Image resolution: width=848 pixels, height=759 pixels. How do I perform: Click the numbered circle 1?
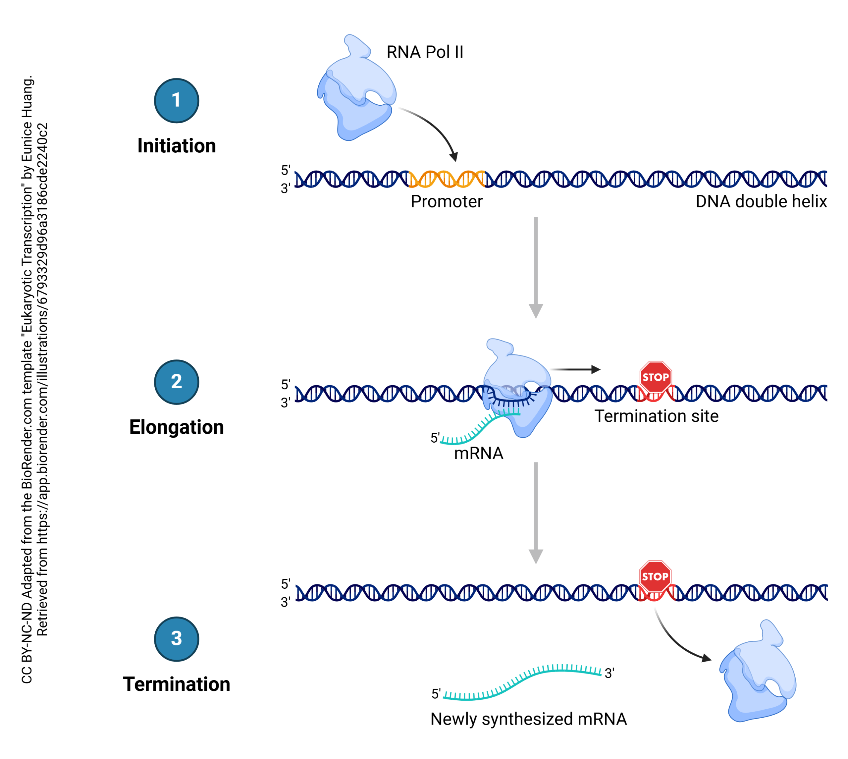[x=176, y=100]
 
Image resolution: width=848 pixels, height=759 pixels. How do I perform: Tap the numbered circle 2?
[x=176, y=382]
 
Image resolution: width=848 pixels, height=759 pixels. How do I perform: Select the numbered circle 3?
[x=176, y=639]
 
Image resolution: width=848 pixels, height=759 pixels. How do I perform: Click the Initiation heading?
[x=176, y=146]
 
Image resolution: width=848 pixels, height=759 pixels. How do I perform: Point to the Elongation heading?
[x=176, y=427]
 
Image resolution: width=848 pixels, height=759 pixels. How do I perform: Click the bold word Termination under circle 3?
[x=176, y=684]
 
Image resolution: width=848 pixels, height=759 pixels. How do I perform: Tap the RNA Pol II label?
[x=424, y=52]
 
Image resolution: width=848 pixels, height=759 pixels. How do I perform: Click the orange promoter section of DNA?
[x=447, y=179]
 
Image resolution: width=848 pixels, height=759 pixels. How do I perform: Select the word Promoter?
[x=447, y=201]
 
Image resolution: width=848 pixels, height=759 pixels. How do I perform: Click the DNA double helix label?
[x=761, y=201]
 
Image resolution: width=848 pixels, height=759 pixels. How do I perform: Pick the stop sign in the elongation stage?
[x=656, y=377]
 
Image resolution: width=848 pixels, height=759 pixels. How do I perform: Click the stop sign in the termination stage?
[x=655, y=576]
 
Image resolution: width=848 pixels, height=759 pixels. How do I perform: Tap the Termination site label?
[x=656, y=416]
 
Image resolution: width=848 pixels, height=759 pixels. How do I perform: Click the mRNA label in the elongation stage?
[x=478, y=453]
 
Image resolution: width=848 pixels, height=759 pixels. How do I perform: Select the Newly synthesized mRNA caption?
[x=528, y=719]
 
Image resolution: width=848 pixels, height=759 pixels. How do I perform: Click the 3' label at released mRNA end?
[x=609, y=673]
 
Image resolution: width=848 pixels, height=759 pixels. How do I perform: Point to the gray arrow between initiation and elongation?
[x=536, y=267]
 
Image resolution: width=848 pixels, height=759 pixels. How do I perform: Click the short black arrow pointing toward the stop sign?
[x=575, y=369]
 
